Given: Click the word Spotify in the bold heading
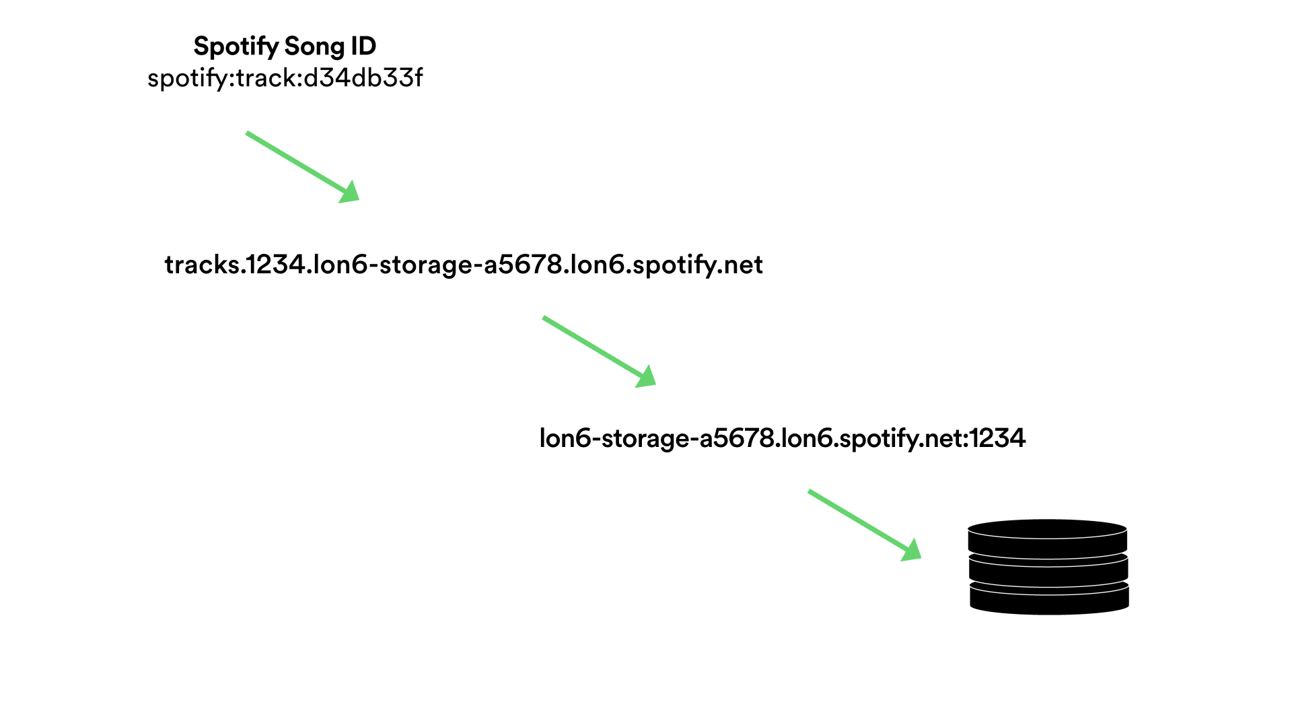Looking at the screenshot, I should click(236, 46).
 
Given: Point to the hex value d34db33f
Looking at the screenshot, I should click(363, 78).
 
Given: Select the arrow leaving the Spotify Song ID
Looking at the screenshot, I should click(296, 163).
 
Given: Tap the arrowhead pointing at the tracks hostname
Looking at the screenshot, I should click(350, 193).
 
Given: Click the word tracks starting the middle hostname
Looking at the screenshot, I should click(202, 265).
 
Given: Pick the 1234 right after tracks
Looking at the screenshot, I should click(276, 265).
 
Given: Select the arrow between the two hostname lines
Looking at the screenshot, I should click(592, 347).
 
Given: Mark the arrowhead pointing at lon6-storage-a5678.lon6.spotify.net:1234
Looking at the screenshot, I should click(646, 378).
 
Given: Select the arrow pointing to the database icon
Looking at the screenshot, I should click(858, 520).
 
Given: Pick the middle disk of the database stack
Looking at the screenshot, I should click(1048, 569).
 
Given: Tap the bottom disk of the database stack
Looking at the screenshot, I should click(1049, 599).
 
